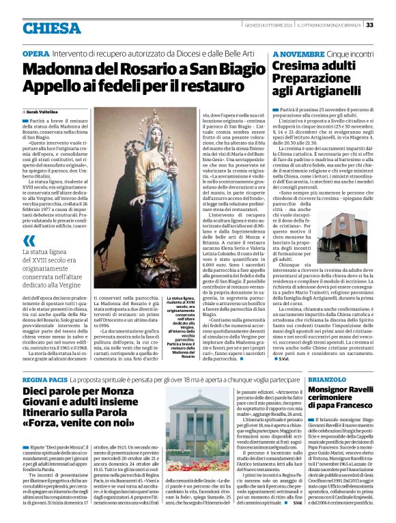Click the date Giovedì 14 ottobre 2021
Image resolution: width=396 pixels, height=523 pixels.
click(x=267, y=25)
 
